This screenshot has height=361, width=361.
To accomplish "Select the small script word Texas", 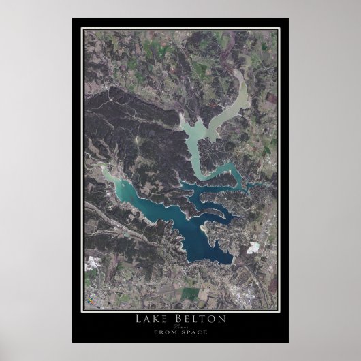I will click(180, 326).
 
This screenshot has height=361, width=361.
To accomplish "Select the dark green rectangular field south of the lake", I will click(190, 293).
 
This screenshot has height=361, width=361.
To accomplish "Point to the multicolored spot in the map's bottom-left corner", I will click(87, 300).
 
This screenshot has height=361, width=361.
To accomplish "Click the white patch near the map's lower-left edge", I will click(89, 265).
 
